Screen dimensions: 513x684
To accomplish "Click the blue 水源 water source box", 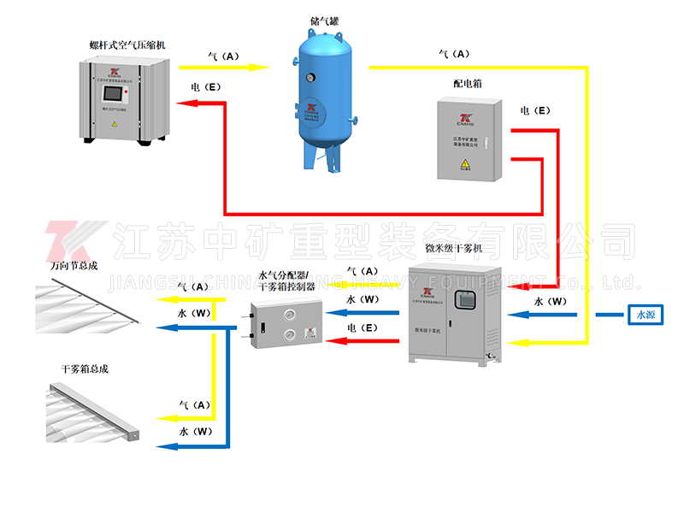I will pyautogui.click(x=646, y=315).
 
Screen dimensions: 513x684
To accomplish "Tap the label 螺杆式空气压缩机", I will pyautogui.click(x=127, y=44).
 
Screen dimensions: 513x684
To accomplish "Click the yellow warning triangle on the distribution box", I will pyautogui.click(x=465, y=163).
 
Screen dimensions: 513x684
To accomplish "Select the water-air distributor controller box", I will pyautogui.click(x=286, y=321).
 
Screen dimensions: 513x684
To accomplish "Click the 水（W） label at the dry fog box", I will pyautogui.click(x=196, y=432).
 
